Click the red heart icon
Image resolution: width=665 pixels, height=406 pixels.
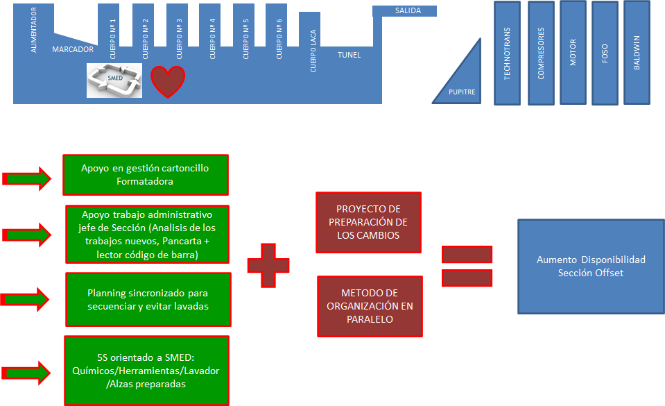(x=168, y=82)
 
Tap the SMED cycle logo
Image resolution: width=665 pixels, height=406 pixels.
(x=114, y=80)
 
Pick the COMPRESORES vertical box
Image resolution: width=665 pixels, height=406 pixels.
(x=541, y=53)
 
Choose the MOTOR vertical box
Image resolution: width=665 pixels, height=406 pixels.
(x=573, y=52)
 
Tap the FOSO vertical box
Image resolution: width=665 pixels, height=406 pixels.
(x=605, y=53)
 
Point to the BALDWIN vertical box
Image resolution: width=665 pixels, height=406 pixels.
(x=637, y=52)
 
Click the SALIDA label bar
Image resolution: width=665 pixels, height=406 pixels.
(x=405, y=11)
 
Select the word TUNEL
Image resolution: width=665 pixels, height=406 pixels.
(x=349, y=55)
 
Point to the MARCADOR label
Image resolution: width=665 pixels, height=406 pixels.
(x=73, y=49)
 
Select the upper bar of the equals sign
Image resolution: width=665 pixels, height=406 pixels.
(x=467, y=254)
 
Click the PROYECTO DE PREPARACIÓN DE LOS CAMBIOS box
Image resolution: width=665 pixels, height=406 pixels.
(x=368, y=222)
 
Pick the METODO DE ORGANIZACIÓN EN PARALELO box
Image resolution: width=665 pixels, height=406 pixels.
(x=370, y=306)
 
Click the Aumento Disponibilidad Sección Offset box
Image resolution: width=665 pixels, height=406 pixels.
(x=591, y=267)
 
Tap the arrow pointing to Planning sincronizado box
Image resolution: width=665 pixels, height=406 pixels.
(x=26, y=299)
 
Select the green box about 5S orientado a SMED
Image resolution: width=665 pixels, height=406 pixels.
(x=146, y=371)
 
